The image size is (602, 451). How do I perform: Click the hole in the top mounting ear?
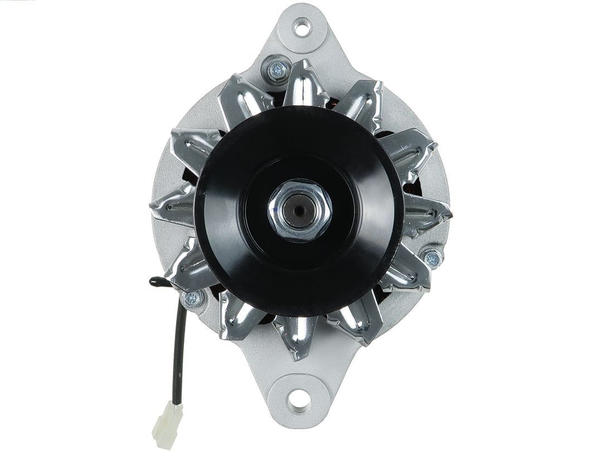pos(302,27)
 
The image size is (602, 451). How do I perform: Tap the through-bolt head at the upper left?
pos(277,69)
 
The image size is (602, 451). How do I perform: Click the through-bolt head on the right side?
pos(432,257)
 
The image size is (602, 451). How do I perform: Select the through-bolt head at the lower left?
pos(193,299)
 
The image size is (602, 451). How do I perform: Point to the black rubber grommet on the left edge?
pos(157,280)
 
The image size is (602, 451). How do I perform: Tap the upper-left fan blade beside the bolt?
pos(240,100)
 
